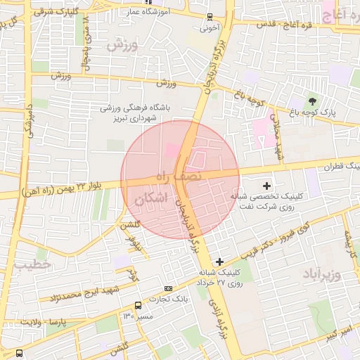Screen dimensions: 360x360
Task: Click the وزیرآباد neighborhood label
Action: pyautogui.click(x=322, y=273)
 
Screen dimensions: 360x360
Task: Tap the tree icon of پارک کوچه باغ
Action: pyautogui.click(x=312, y=102)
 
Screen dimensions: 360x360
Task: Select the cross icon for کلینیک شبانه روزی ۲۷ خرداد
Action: pyautogui.click(x=219, y=262)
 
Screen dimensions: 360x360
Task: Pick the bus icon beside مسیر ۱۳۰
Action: pyautogui.click(x=138, y=306)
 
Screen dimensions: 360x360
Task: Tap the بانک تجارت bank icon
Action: pyautogui.click(x=168, y=288)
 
